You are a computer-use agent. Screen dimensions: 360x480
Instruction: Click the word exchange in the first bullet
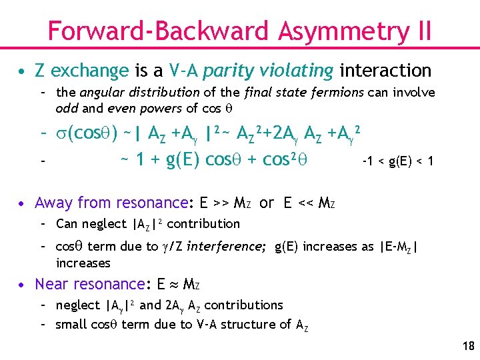[89, 71]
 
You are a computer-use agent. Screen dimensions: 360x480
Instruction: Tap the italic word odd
[67, 108]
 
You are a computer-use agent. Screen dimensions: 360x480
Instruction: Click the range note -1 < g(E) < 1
[397, 161]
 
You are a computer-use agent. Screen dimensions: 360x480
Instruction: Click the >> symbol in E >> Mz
[225, 203]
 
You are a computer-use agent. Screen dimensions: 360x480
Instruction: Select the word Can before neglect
[67, 223]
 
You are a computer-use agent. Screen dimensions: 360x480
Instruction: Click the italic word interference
[225, 247]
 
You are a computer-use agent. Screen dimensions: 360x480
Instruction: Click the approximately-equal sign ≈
[173, 285]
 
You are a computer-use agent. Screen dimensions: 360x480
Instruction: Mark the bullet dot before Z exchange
[23, 71]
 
